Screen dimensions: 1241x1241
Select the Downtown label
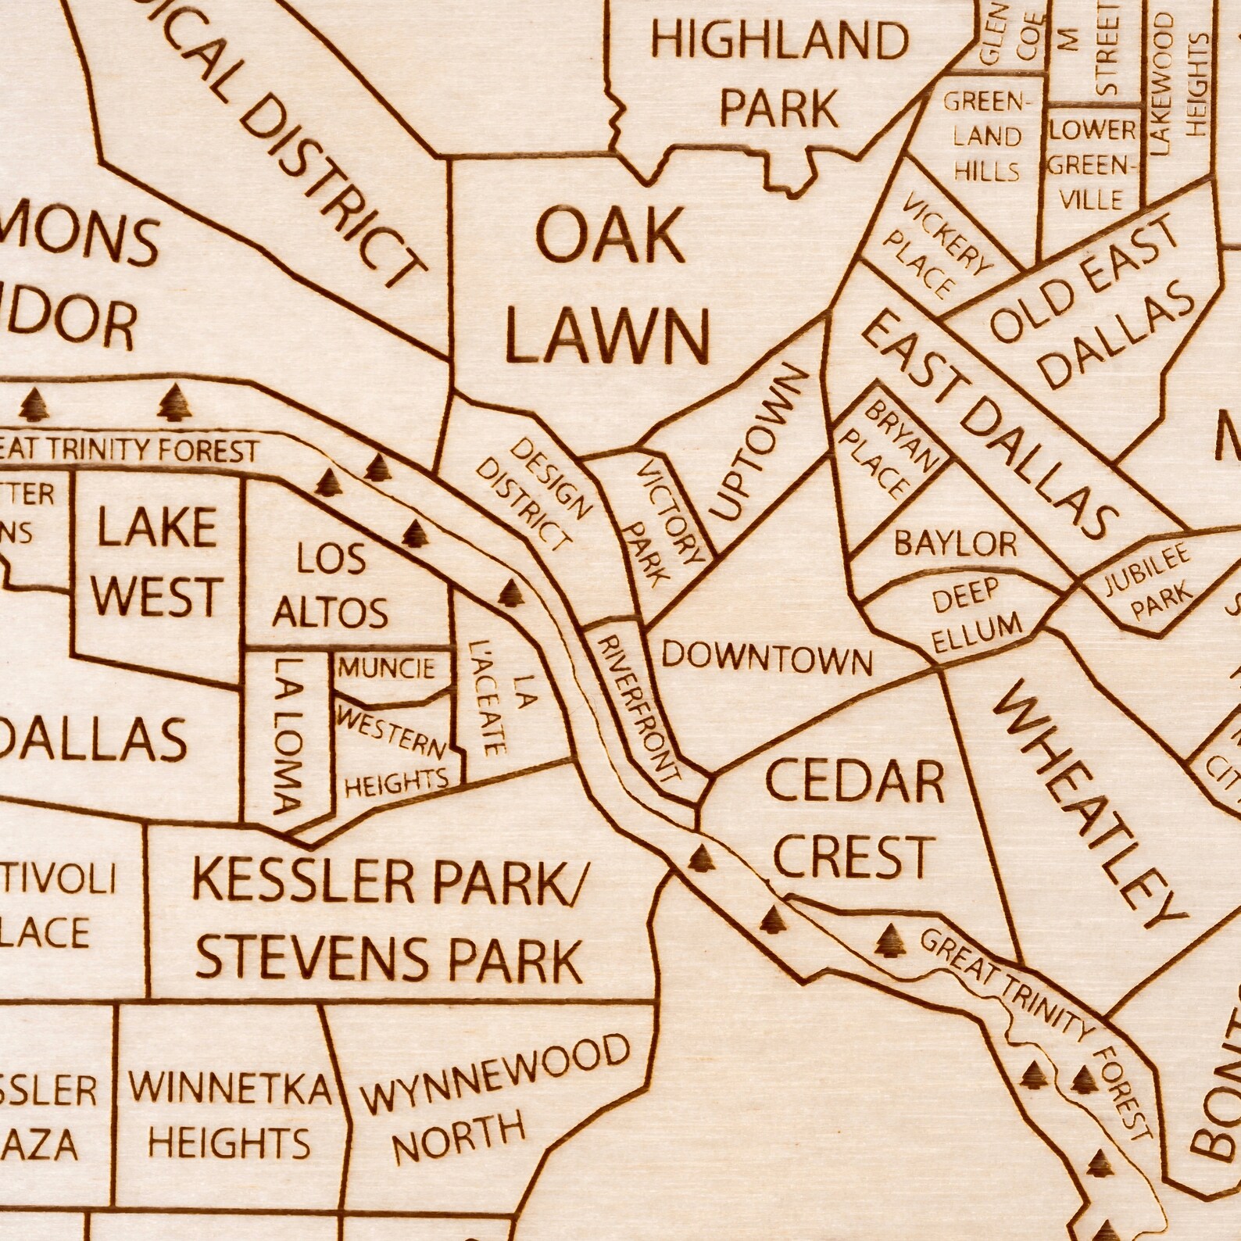(766, 658)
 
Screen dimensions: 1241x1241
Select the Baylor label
(956, 542)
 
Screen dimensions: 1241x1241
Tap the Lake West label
(157, 561)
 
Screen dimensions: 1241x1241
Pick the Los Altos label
(330, 586)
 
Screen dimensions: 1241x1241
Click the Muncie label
(386, 668)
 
